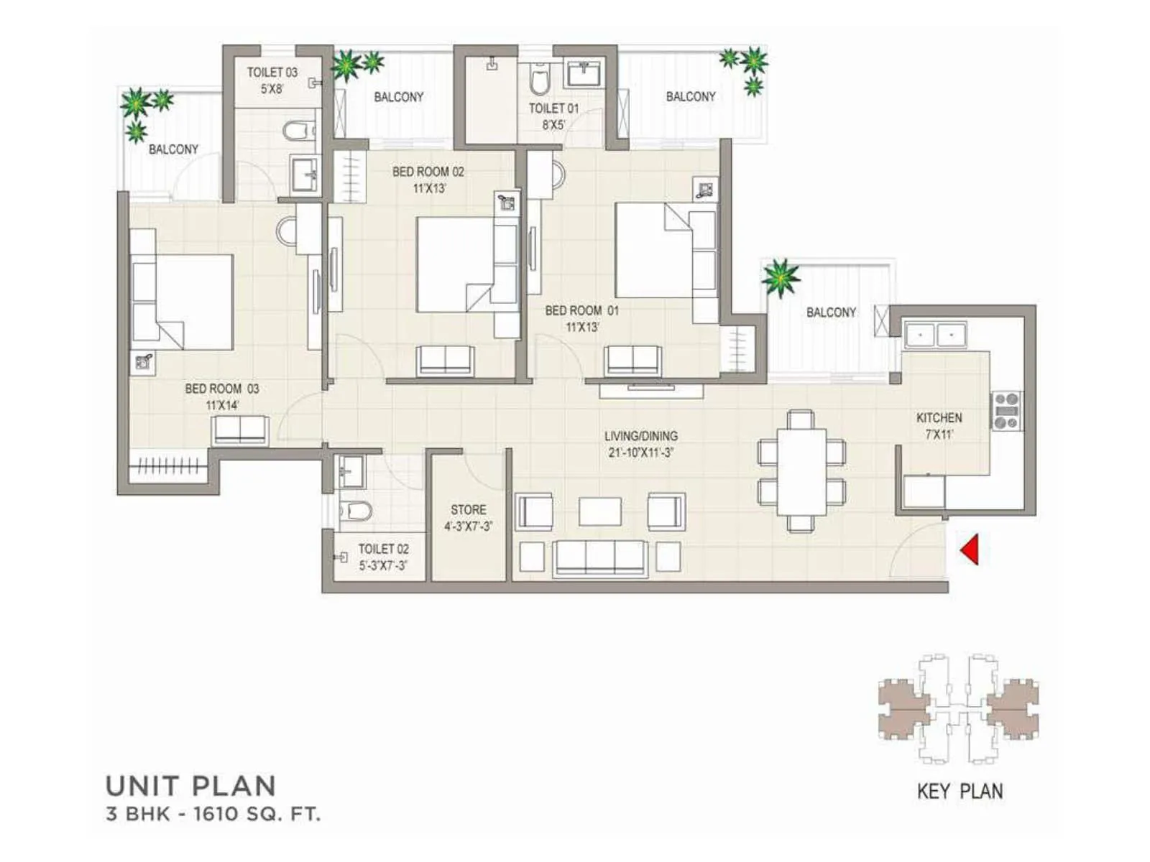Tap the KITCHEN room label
(939, 417)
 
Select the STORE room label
(468, 509)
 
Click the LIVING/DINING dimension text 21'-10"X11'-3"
(640, 453)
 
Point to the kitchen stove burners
(1006, 411)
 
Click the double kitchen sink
(934, 335)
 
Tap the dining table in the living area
(801, 471)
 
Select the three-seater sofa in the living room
(600, 558)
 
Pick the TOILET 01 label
(553, 108)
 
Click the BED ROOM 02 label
(428, 172)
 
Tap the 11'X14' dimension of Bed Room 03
(222, 405)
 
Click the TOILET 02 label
(383, 549)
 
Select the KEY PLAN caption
(960, 791)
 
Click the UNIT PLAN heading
(190, 786)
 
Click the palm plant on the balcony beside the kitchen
(781, 277)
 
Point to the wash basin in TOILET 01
(586, 73)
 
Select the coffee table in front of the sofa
(600, 511)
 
